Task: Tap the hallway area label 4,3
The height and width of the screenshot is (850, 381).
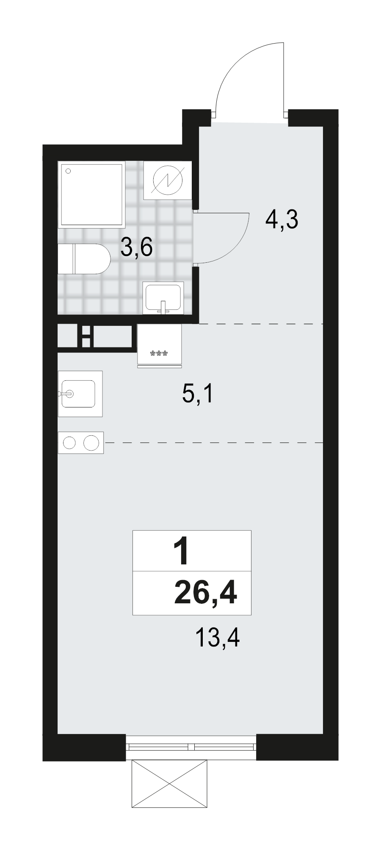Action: (282, 220)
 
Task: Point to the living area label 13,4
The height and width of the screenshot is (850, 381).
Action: (218, 638)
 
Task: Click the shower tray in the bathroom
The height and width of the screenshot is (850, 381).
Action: (93, 195)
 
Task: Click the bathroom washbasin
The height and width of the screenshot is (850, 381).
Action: (163, 298)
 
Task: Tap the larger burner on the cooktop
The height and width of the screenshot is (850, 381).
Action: (91, 443)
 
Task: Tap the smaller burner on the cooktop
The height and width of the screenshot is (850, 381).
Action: (69, 443)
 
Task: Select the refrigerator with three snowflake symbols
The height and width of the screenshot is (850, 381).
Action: (159, 345)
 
